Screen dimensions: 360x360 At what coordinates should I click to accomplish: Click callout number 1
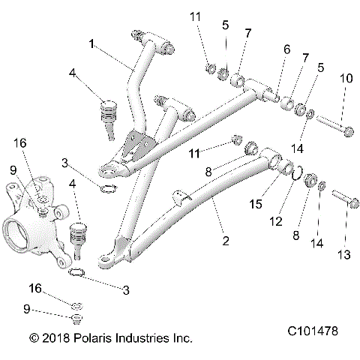point(93,44)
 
